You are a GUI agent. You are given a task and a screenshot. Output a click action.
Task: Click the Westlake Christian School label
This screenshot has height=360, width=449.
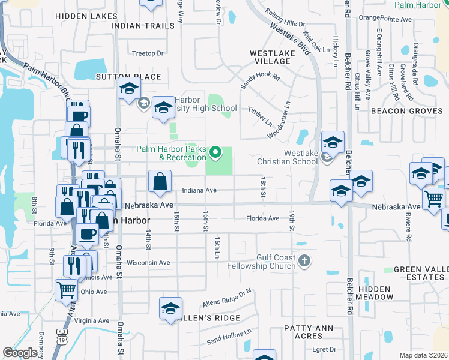[286, 157]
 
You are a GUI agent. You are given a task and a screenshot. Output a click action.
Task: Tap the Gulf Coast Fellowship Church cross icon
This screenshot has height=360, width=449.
[305, 260]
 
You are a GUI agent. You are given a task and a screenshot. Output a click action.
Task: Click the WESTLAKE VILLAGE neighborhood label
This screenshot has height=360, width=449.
[272, 57]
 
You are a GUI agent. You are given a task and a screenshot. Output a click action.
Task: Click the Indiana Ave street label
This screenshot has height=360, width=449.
[199, 190]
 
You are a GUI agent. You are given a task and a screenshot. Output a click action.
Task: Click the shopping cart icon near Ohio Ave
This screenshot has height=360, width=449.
[66, 290]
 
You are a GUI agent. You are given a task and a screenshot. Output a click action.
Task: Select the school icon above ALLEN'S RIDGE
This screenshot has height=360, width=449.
[170, 308]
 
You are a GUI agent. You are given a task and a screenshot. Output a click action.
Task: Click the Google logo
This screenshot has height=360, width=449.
[20, 353]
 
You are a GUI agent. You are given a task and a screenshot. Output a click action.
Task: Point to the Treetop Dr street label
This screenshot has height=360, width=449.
[148, 53]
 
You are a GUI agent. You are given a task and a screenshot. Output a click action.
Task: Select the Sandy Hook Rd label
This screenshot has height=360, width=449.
[261, 82]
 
